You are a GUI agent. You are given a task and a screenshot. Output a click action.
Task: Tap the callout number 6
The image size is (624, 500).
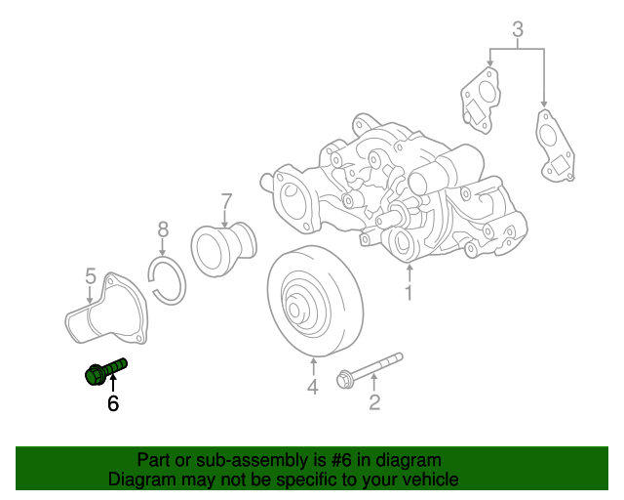(113, 402)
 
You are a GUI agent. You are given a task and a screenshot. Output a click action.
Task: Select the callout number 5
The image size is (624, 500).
(90, 276)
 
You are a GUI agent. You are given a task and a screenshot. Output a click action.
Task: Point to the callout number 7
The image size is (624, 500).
(226, 202)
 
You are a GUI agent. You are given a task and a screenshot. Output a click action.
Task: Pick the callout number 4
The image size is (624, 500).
(313, 389)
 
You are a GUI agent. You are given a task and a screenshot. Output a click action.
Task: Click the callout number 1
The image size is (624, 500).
(409, 292)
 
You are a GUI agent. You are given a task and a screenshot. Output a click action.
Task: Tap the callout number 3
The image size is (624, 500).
(518, 29)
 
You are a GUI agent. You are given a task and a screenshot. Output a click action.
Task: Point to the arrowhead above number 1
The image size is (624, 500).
(410, 265)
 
